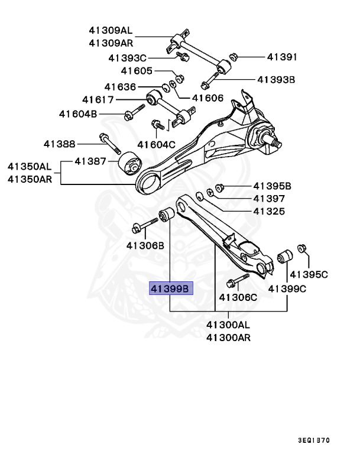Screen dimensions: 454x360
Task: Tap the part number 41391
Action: [281, 57]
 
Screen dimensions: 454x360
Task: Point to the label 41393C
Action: [127, 58]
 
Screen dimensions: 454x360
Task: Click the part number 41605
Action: [137, 71]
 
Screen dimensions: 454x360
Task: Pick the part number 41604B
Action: [77, 113]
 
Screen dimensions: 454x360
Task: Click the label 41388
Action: [59, 143]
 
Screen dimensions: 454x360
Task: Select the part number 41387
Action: [90, 161]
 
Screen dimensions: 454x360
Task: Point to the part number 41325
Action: [269, 211]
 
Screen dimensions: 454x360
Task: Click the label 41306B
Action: [145, 245]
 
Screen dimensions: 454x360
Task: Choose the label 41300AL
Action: [228, 325]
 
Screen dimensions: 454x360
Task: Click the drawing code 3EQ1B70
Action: [314, 440]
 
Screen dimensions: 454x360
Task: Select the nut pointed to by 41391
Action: [233, 57]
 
